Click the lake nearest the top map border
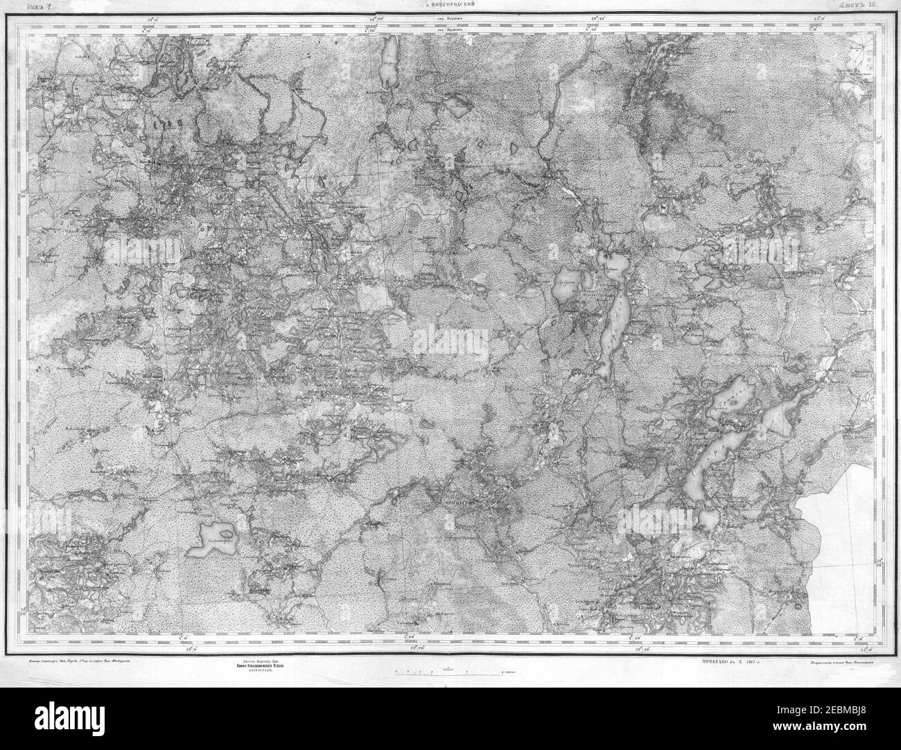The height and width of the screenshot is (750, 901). click(387, 62)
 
